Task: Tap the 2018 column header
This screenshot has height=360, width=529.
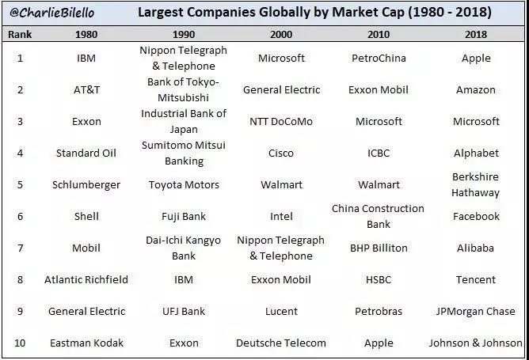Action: click(476, 35)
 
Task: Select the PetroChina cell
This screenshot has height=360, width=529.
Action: click(379, 58)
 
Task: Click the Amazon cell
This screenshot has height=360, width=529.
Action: click(476, 89)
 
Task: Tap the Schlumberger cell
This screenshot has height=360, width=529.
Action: click(86, 184)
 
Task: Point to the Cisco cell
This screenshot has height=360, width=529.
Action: click(281, 153)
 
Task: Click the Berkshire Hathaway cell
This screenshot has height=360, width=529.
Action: click(476, 184)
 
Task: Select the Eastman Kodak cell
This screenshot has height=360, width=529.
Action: click(86, 343)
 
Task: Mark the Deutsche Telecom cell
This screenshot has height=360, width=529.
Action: click(281, 343)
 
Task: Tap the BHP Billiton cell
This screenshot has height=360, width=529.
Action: click(379, 248)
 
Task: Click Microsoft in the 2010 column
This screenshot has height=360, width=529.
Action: click(379, 121)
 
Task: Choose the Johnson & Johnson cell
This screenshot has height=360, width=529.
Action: click(476, 343)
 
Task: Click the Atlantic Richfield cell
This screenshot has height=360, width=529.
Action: click(86, 279)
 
